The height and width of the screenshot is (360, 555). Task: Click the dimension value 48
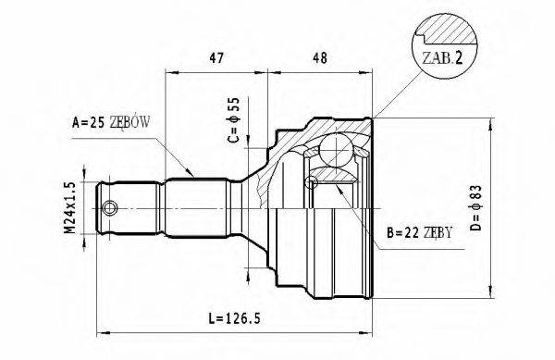pyautogui.click(x=321, y=56)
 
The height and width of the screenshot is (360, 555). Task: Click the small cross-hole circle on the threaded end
pyautogui.click(x=110, y=206)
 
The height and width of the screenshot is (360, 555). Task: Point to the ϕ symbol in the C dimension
pyautogui.click(x=233, y=112)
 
